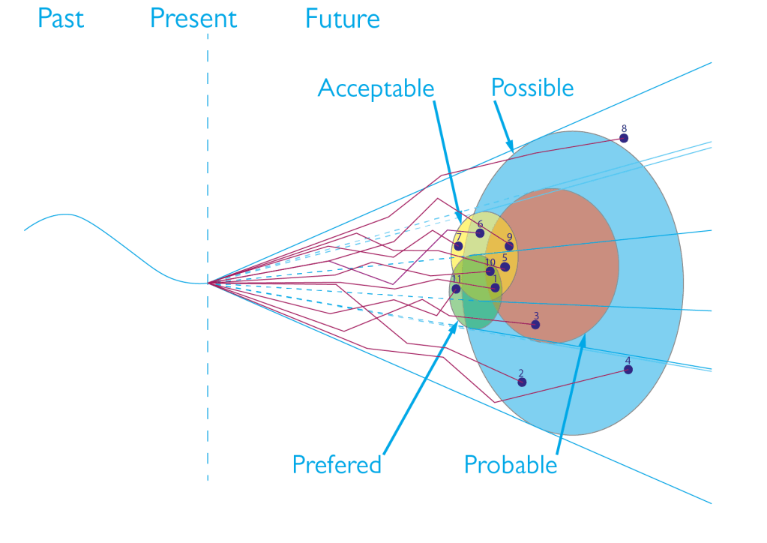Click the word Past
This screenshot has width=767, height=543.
(x=61, y=18)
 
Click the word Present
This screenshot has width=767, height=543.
(x=193, y=18)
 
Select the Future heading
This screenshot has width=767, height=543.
(x=342, y=18)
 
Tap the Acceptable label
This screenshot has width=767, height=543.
(x=376, y=88)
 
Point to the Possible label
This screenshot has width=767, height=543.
(x=532, y=88)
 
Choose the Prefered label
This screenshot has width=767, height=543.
(x=337, y=464)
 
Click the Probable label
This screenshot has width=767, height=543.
(x=511, y=465)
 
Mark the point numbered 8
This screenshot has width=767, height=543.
(x=624, y=138)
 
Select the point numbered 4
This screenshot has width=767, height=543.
(x=628, y=370)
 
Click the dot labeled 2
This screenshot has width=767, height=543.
(x=522, y=382)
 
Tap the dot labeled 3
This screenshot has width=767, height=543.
(x=535, y=325)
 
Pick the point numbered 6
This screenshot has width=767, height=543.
(x=480, y=233)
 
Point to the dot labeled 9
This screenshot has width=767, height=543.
(x=509, y=246)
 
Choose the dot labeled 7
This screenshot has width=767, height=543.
(x=458, y=246)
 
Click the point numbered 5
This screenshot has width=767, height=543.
(x=505, y=267)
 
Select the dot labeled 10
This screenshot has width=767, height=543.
(x=490, y=271)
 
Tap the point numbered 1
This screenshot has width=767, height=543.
(x=495, y=288)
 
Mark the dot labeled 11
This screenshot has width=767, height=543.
(x=456, y=289)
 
